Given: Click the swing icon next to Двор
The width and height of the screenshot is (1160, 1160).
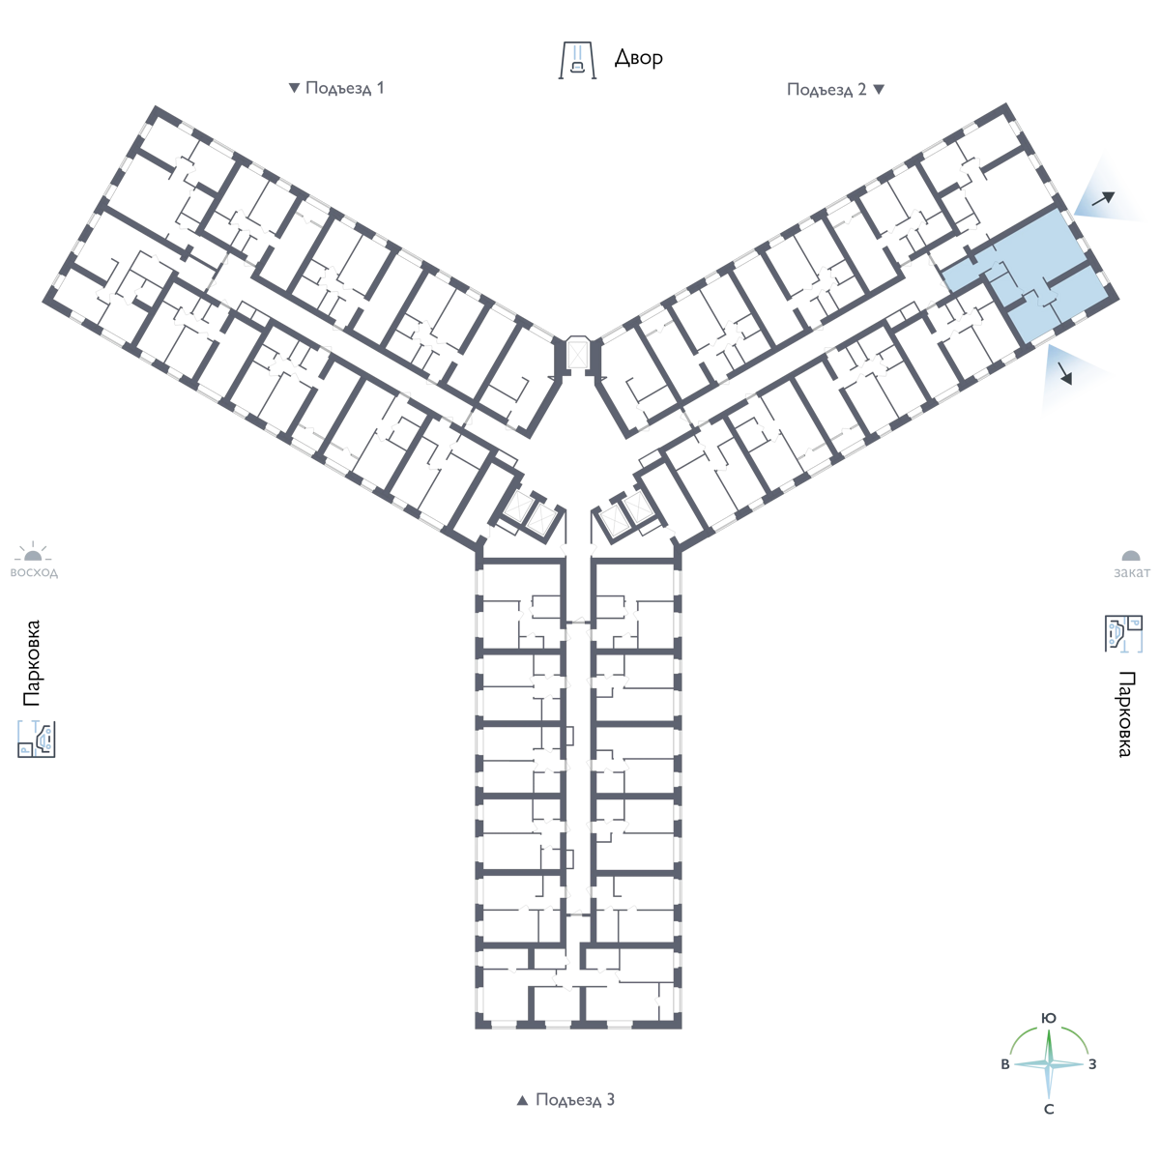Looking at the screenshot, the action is click(577, 60).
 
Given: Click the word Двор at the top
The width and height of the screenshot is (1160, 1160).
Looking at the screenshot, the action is click(639, 58).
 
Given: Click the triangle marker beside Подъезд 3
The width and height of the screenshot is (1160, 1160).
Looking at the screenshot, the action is click(523, 1100).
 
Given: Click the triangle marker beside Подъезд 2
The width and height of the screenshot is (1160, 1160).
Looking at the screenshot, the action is click(879, 90).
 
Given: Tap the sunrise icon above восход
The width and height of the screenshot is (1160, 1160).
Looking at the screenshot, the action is click(33, 552).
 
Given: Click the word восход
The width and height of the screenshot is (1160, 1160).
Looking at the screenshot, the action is click(34, 572).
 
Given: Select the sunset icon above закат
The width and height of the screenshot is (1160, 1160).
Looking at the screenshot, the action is click(1131, 556).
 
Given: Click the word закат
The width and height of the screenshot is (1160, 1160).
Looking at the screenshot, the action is click(1132, 572).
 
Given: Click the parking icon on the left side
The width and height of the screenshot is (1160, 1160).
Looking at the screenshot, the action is click(37, 739).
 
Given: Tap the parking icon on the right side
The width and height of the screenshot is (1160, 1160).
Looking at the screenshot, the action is click(1123, 633).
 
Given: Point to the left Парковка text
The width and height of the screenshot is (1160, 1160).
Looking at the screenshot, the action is click(31, 663).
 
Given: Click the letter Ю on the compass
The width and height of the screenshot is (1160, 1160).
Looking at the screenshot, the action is click(1049, 1018).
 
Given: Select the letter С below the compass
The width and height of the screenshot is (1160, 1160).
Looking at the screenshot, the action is click(1049, 1110).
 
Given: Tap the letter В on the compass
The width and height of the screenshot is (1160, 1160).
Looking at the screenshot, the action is click(1004, 1064).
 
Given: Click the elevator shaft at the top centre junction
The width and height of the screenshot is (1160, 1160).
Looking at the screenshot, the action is click(577, 354).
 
